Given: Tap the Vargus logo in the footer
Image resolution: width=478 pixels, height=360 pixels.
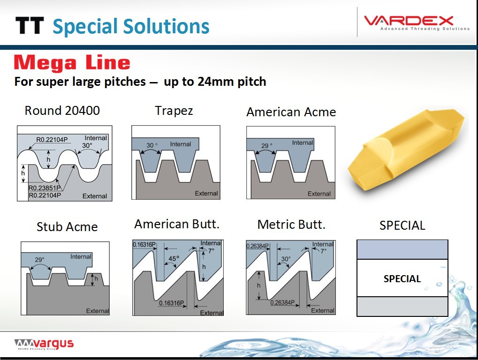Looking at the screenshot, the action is (44, 344).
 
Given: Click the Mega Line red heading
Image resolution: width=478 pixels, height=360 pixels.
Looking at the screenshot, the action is (72, 62).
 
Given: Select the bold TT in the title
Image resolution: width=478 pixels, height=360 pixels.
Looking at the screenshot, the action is (30, 26).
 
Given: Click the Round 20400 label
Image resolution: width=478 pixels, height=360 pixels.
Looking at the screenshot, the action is (62, 110).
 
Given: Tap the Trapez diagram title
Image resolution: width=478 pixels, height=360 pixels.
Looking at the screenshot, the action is (174, 111).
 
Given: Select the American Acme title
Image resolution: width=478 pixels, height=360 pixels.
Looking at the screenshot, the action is (291, 112).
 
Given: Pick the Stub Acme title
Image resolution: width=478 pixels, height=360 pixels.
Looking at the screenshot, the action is (67, 226).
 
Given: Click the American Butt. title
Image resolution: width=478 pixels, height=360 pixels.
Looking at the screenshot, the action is (177, 224).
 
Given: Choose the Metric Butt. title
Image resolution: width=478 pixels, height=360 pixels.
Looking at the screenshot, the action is (291, 225).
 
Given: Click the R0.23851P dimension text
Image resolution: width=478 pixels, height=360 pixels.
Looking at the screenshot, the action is (45, 188).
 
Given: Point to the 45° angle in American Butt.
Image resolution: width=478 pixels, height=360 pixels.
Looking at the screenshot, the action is (174, 259).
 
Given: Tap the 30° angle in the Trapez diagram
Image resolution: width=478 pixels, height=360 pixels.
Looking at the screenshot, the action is (152, 145).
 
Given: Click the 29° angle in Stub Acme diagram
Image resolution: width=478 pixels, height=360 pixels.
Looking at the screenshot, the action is (39, 260).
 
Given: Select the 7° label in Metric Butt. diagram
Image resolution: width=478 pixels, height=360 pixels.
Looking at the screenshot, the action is (324, 251).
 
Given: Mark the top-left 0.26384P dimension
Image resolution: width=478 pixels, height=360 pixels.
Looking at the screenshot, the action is (258, 246).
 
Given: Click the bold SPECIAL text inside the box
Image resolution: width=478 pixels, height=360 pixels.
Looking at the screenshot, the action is (402, 279).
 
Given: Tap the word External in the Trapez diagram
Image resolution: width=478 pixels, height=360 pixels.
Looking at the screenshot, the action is (206, 194).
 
